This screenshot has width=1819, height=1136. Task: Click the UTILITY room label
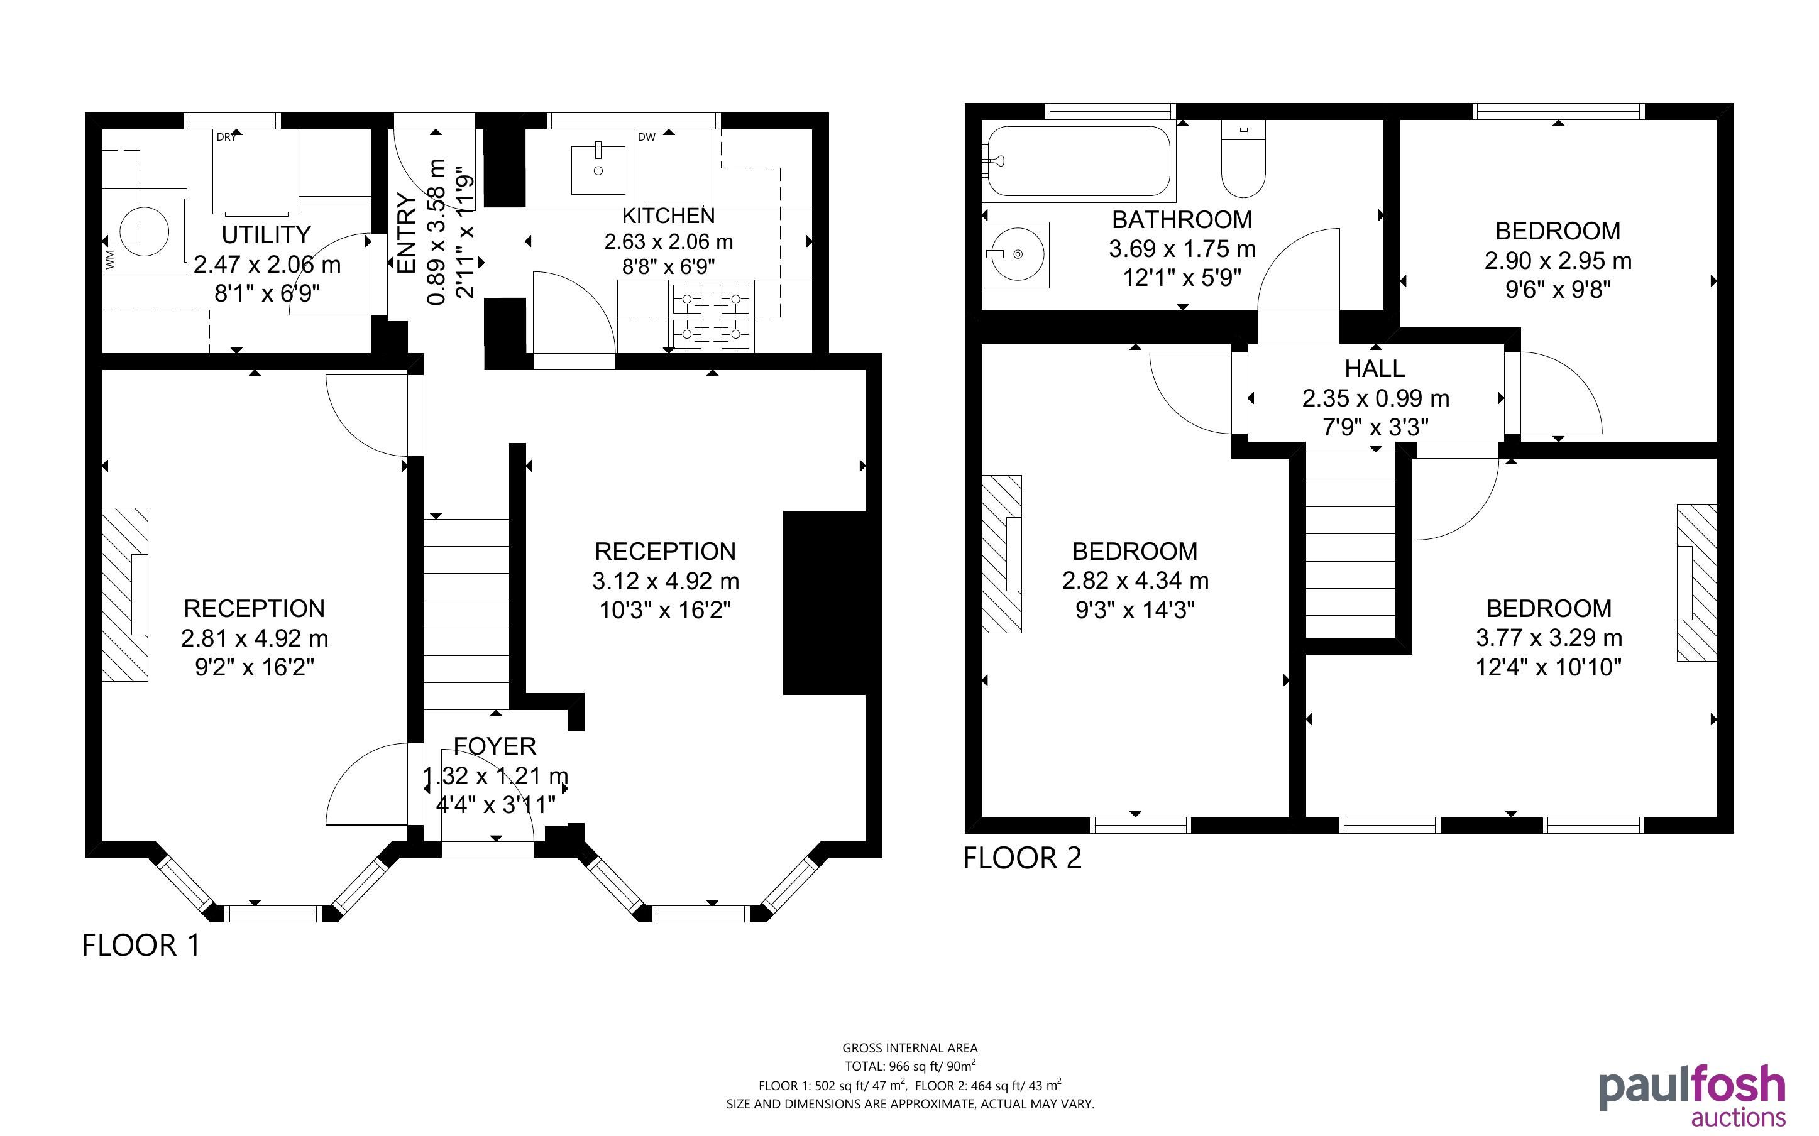(266, 234)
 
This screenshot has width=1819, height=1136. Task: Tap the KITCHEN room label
(668, 216)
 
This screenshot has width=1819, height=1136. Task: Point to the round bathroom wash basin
(1016, 254)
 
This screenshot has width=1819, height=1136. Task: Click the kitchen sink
(598, 170)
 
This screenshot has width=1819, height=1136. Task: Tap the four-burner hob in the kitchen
(712, 315)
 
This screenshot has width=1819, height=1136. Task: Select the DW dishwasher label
(646, 138)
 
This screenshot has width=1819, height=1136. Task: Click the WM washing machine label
(111, 261)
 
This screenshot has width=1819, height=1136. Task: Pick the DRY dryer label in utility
(226, 138)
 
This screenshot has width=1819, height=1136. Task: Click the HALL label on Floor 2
(1375, 369)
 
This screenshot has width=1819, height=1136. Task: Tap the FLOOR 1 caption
(141, 945)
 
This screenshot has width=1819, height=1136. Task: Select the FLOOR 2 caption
(1023, 858)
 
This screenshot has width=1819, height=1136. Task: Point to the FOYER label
(495, 746)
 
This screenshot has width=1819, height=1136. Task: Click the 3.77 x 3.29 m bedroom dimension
(1549, 638)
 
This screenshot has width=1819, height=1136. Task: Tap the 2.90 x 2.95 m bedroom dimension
(1558, 261)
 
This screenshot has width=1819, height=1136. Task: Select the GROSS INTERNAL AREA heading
(910, 1048)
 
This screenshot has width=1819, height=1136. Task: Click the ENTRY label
(406, 234)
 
